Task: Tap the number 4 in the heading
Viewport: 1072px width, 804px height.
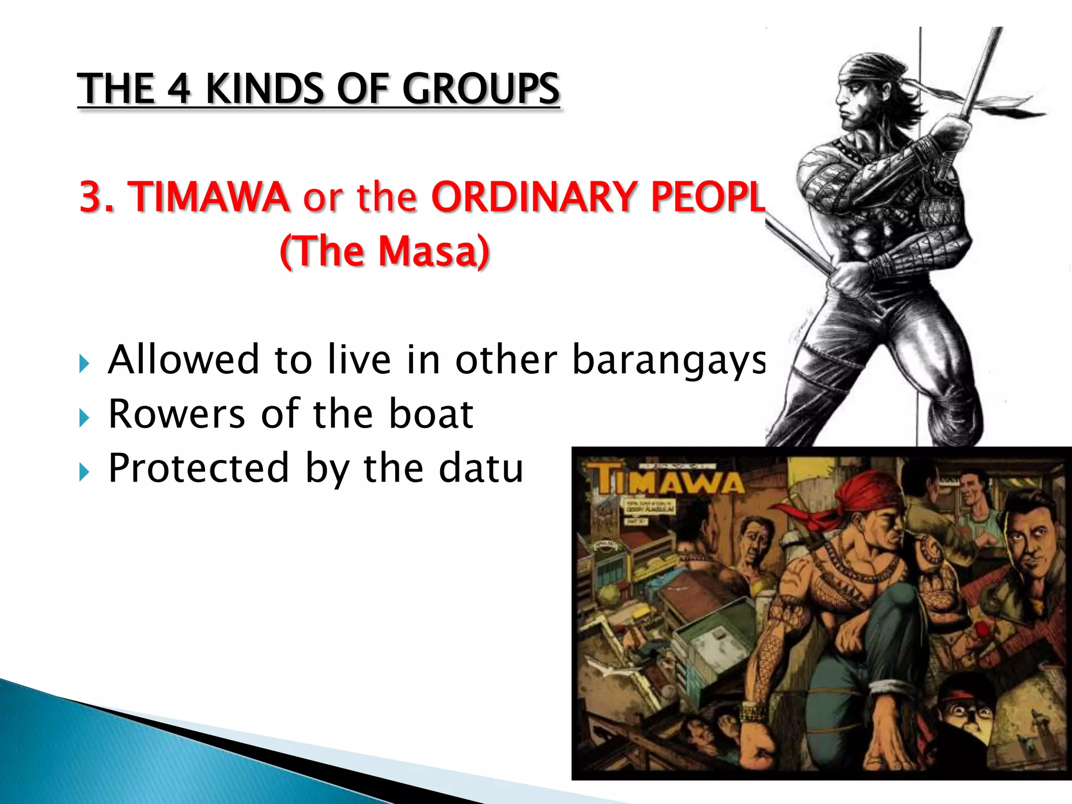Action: click(x=178, y=89)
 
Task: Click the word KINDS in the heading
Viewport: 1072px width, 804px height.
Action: click(x=264, y=89)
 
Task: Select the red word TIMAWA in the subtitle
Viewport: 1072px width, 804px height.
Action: click(x=209, y=197)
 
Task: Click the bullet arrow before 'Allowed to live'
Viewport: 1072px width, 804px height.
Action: click(x=84, y=363)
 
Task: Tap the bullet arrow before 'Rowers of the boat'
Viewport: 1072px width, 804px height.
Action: click(x=84, y=418)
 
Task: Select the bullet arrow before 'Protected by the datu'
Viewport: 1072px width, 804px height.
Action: click(x=84, y=472)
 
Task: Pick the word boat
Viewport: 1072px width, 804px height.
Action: click(x=431, y=415)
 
